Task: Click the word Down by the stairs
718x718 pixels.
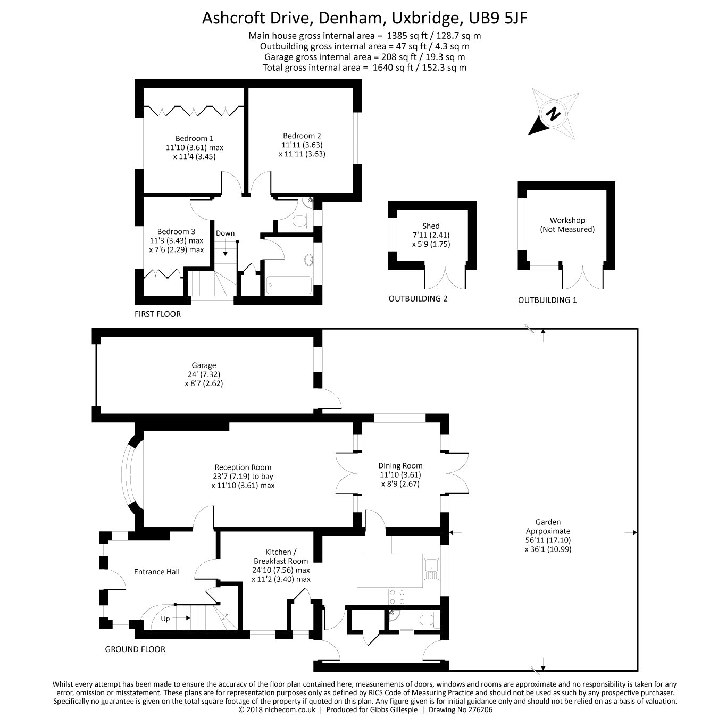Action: pyautogui.click(x=225, y=233)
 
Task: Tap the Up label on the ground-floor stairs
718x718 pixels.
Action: pyautogui.click(x=165, y=619)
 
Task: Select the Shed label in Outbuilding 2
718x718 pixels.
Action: pyautogui.click(x=431, y=226)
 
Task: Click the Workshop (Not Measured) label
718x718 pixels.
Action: pyautogui.click(x=567, y=224)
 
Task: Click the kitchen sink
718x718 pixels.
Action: pyautogui.click(x=431, y=569)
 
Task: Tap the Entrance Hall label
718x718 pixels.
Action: pyautogui.click(x=156, y=572)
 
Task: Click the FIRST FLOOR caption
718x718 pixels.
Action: pyautogui.click(x=157, y=314)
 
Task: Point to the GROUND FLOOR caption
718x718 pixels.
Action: pyautogui.click(x=135, y=649)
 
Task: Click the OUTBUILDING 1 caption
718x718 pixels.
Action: pyautogui.click(x=547, y=300)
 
